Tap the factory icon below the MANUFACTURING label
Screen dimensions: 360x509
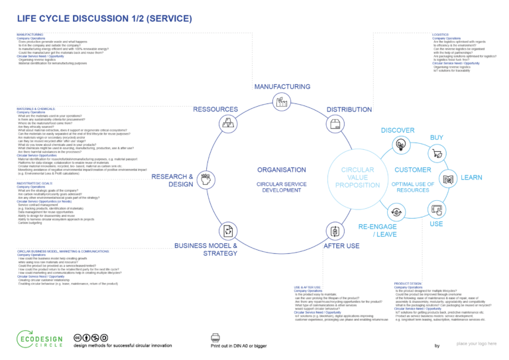click(282, 101)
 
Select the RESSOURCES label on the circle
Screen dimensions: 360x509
click(215, 109)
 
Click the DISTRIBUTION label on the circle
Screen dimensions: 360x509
click(349, 109)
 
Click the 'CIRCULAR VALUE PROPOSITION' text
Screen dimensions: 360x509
click(358, 178)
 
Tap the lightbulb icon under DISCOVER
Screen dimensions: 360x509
click(400, 145)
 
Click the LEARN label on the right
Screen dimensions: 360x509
click(471, 178)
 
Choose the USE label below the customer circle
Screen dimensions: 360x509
click(437, 224)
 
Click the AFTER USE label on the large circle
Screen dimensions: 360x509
click(342, 246)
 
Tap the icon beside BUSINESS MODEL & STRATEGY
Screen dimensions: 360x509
click(227, 230)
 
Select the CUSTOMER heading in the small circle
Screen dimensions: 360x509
click(413, 170)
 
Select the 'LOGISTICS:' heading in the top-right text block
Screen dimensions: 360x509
click(441, 33)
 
